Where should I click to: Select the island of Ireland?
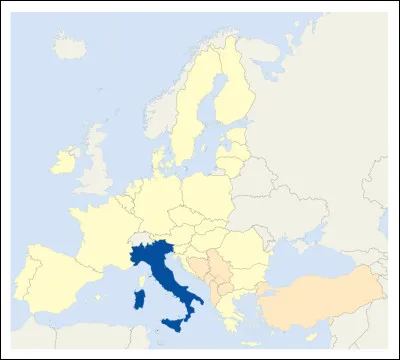pos(64,161)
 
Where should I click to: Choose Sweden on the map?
pos(190,110)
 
